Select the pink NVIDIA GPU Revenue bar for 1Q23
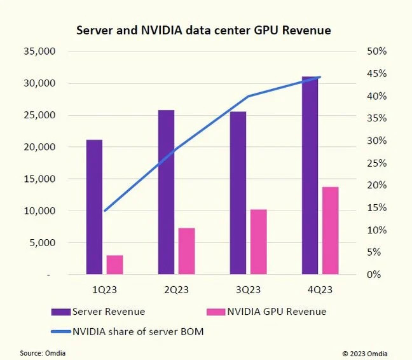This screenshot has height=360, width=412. coord(114,265)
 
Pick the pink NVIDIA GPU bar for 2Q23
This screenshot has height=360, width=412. coord(186,251)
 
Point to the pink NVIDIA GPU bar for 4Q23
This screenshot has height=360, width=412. coord(330,230)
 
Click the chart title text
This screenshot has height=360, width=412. coord(203,30)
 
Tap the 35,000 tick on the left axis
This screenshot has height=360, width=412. coord(40,52)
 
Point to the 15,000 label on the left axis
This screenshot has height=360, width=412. coord(40,179)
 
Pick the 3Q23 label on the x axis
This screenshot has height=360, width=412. coord(248,290)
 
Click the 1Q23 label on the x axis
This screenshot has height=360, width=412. coord(104,290)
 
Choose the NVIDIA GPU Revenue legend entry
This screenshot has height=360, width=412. coord(266,312)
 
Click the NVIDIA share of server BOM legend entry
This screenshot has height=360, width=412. coord(127,331)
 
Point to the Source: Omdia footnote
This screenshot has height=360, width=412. coord(43,353)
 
